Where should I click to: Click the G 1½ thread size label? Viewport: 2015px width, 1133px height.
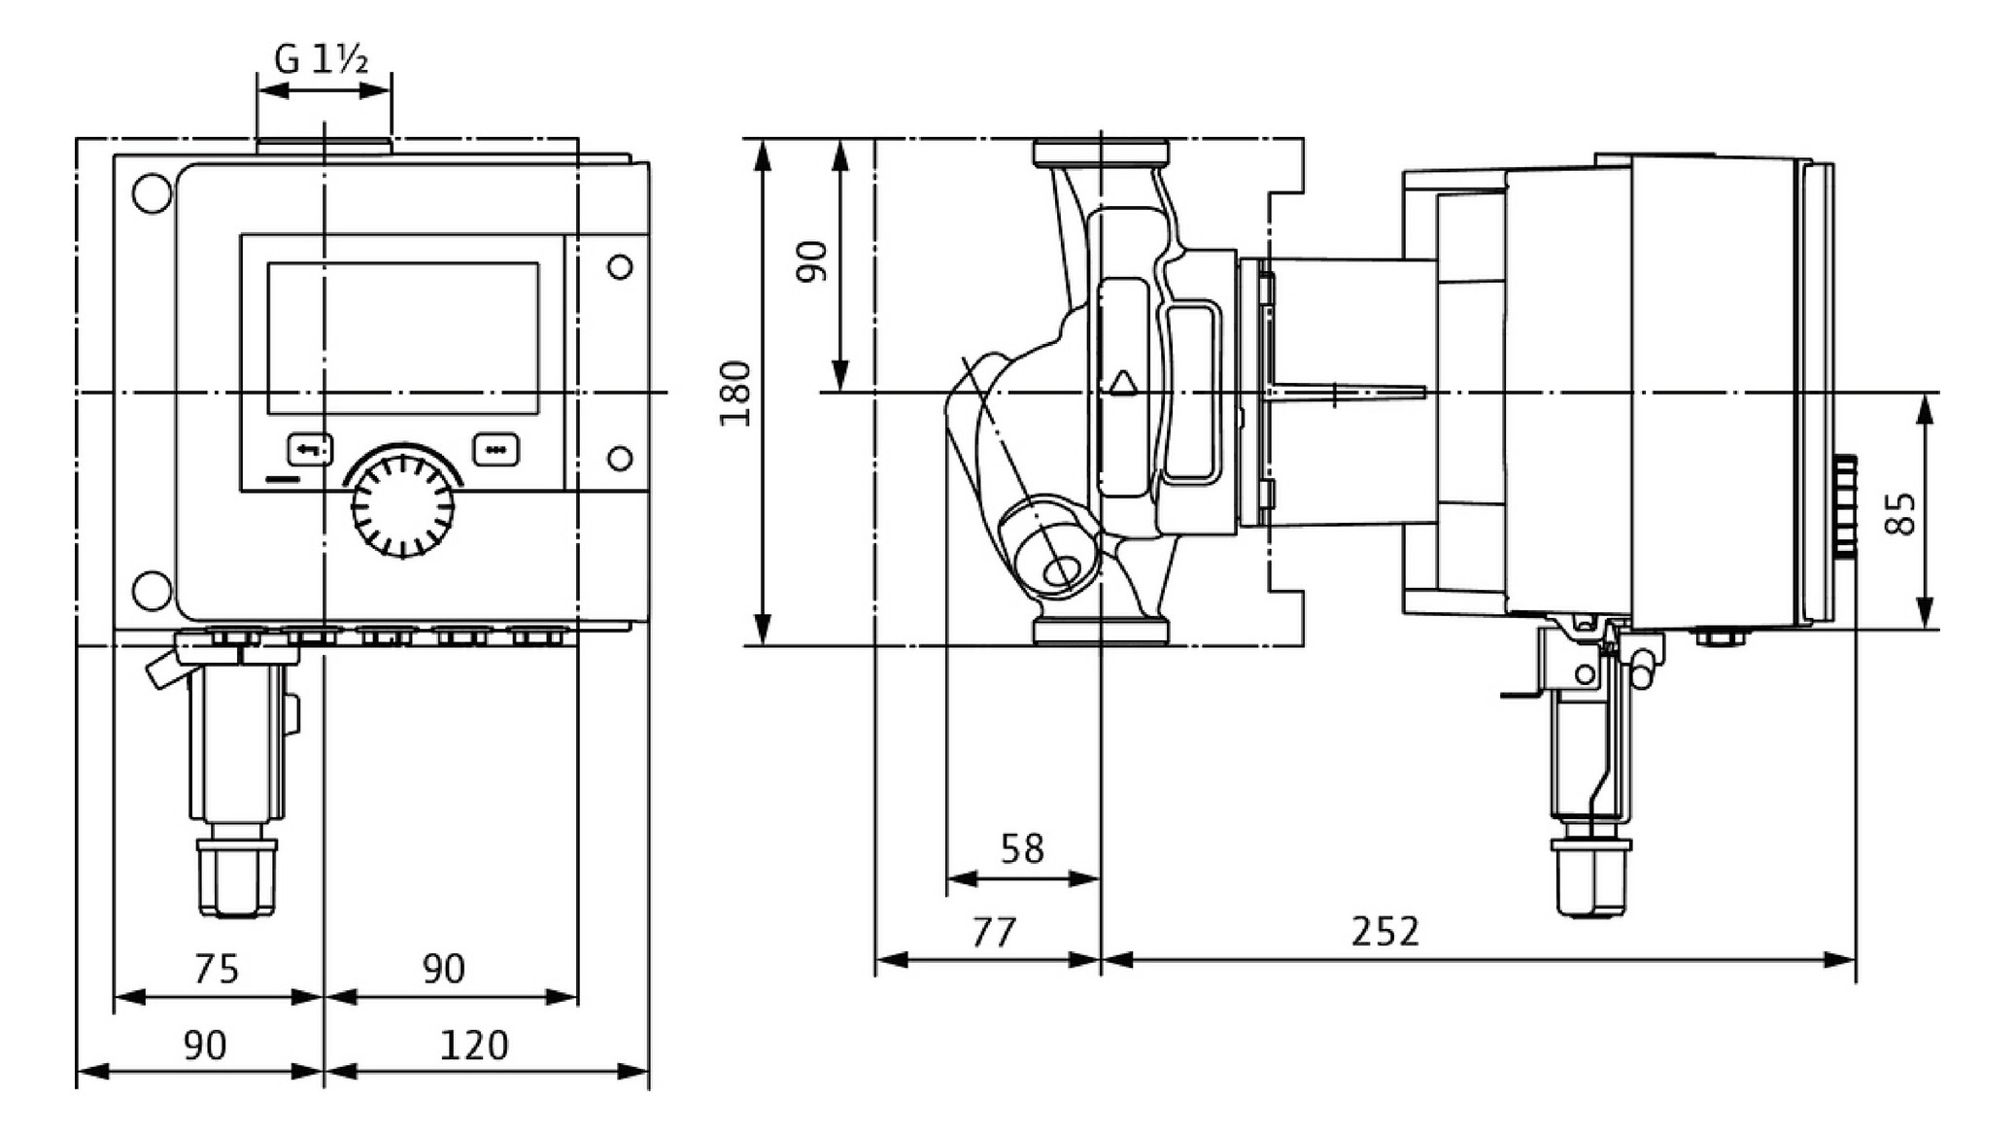pos(322,60)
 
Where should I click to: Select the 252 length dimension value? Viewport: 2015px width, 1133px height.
pos(1384,931)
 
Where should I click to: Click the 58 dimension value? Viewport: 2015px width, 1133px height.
pos(1022,849)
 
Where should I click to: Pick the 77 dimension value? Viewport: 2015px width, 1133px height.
pos(994,932)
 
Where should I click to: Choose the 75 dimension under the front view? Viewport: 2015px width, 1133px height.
pos(216,969)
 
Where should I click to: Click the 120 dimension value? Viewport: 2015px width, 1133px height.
pos(473,1046)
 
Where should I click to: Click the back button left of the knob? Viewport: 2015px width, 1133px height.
pos(310,449)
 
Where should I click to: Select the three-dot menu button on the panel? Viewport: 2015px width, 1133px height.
pos(495,449)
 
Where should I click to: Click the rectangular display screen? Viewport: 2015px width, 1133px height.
pos(403,338)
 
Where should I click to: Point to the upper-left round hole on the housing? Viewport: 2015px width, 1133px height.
pos(151,193)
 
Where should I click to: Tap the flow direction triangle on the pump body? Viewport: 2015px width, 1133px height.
pos(1122,383)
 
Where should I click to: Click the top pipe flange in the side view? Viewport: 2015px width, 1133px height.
pos(1101,154)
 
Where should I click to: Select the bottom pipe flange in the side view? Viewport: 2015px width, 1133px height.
pos(1101,631)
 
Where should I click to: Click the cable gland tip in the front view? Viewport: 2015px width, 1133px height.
pos(236,878)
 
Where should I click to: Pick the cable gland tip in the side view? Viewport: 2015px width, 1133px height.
pos(1590,878)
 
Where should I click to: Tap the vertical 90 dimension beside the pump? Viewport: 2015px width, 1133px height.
pos(811,261)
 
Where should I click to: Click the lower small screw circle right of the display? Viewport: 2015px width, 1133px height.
pos(619,458)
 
